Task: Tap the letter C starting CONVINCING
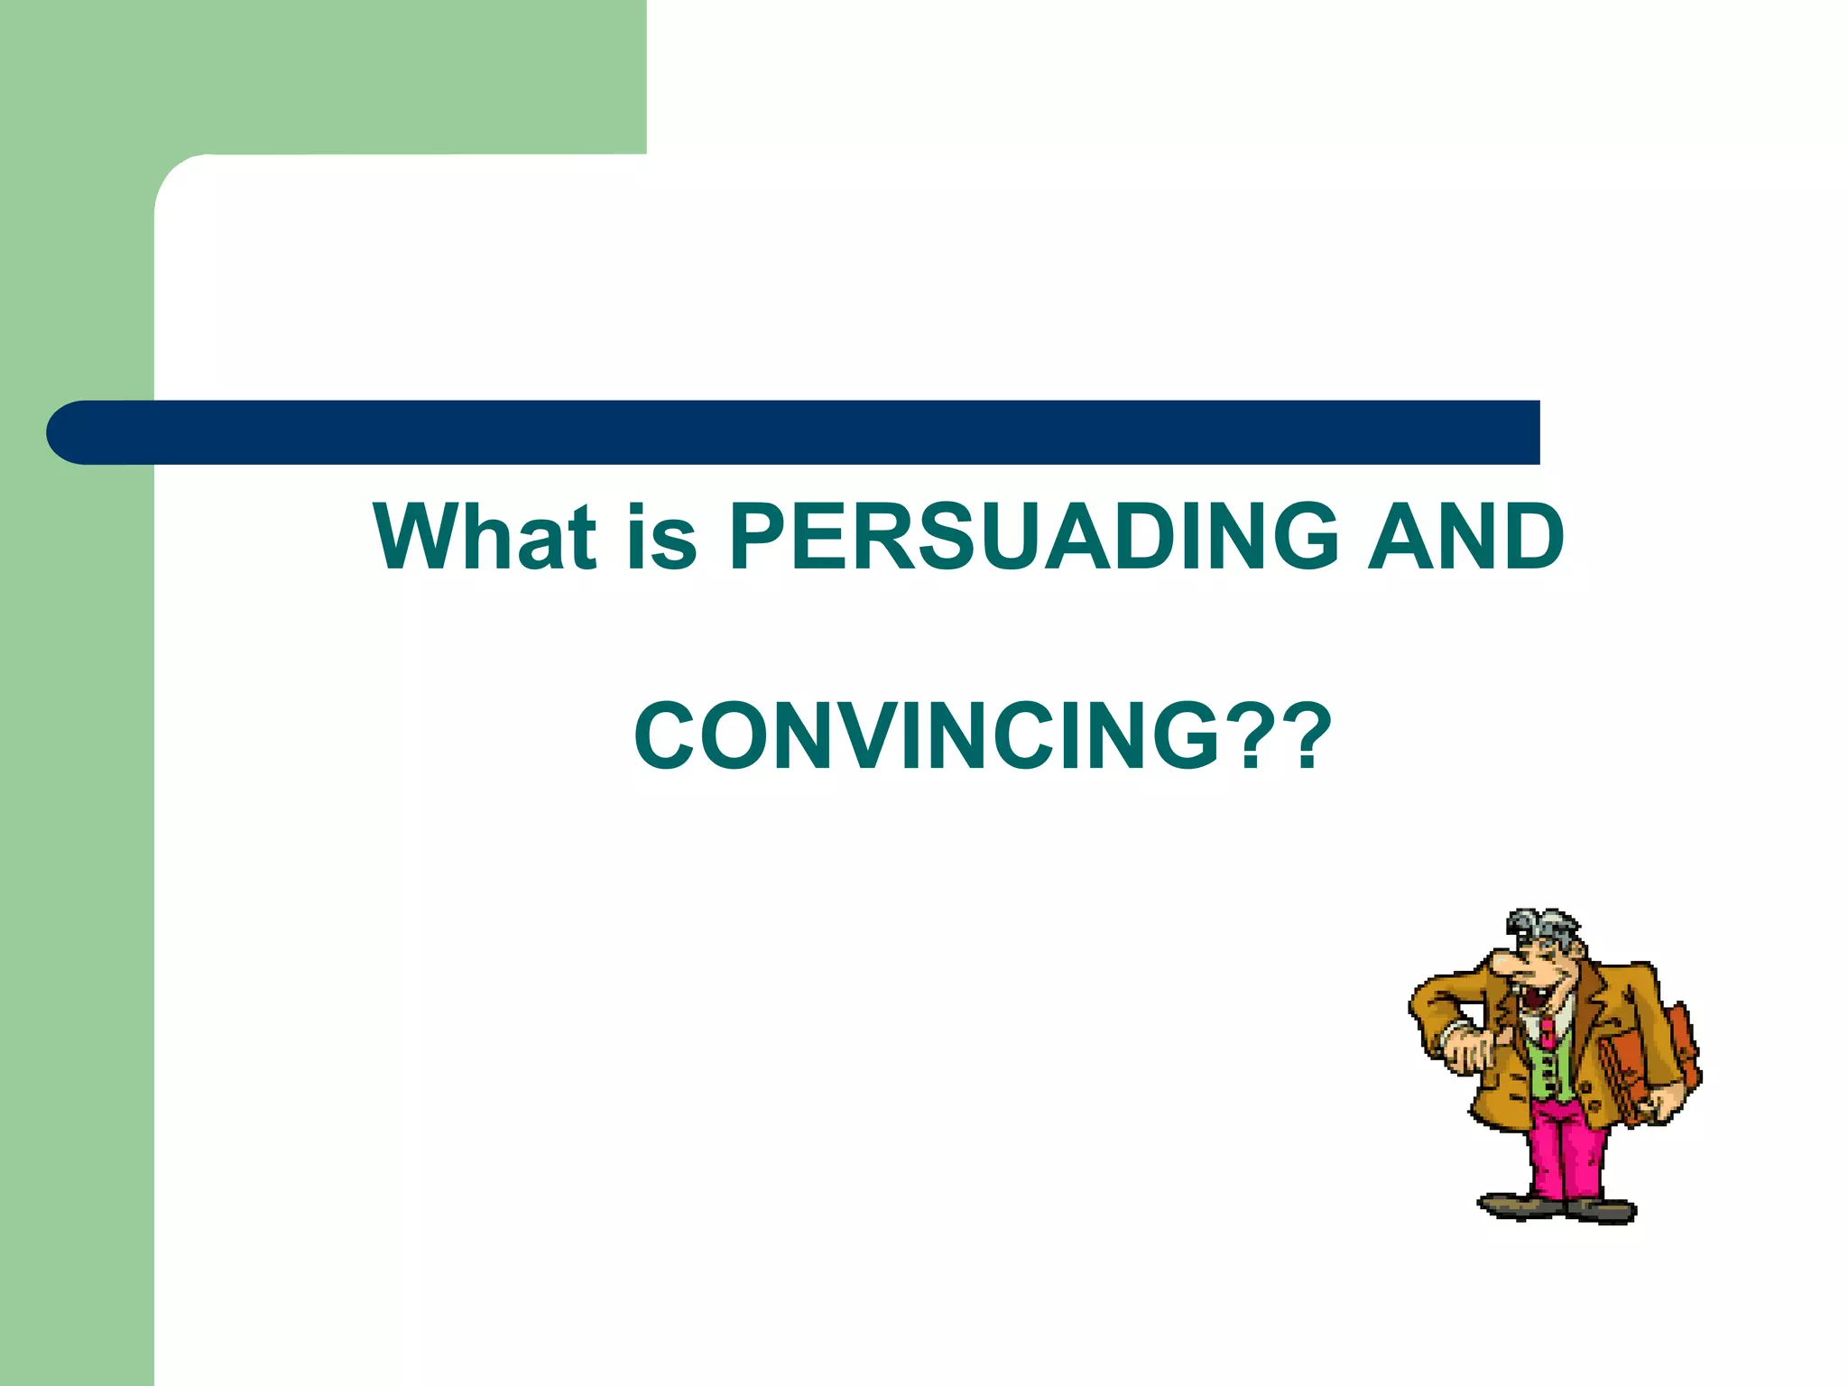pyautogui.click(x=668, y=736)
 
